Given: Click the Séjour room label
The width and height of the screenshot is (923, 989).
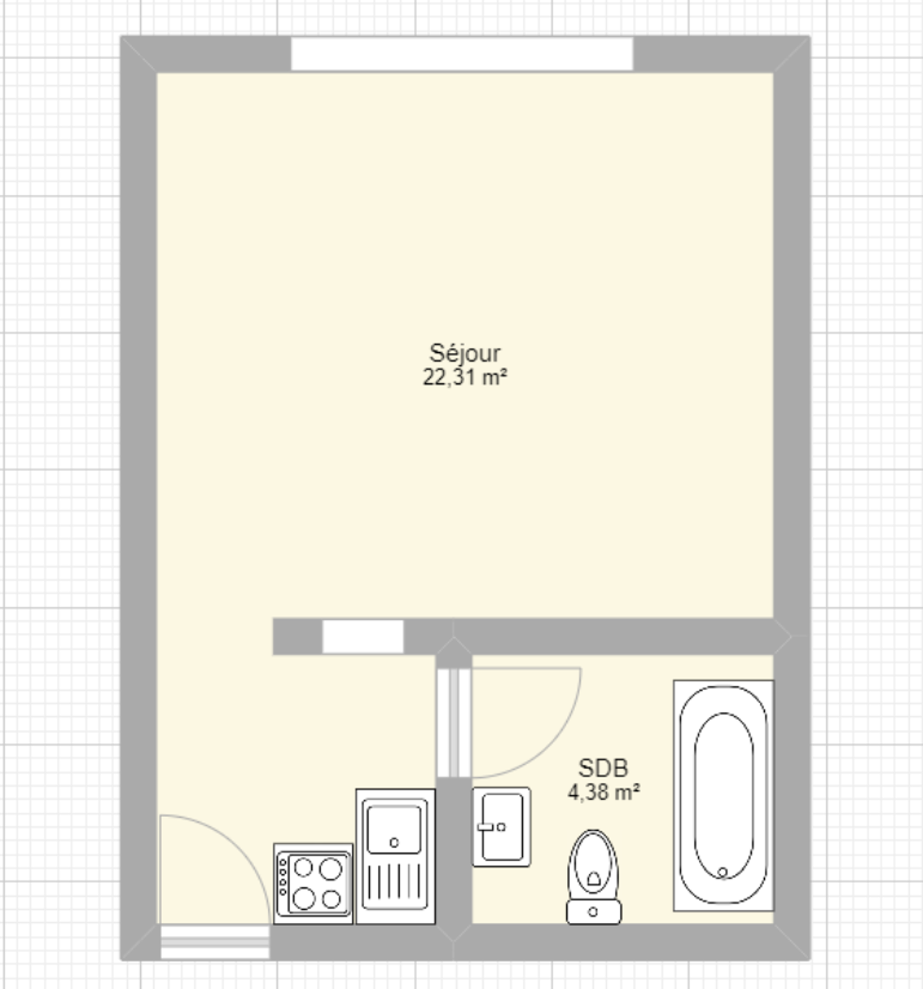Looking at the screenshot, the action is pyautogui.click(x=465, y=353).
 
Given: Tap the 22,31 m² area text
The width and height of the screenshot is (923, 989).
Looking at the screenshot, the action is pyautogui.click(x=465, y=377).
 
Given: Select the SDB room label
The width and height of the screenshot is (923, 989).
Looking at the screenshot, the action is pyautogui.click(x=603, y=768).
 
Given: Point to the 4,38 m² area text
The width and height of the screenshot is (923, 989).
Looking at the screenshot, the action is pyautogui.click(x=604, y=792).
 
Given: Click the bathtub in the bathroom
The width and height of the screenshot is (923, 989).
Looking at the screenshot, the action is pyautogui.click(x=723, y=795).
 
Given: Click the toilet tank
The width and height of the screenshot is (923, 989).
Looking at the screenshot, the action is pyautogui.click(x=594, y=912).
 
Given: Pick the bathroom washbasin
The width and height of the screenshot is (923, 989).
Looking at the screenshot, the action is pyautogui.click(x=501, y=827).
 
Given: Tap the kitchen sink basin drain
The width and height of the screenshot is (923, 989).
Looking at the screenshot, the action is pyautogui.click(x=394, y=843).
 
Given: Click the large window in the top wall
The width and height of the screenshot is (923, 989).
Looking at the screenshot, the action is pyautogui.click(x=461, y=54).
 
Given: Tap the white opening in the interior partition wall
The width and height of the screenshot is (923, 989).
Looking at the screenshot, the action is pyautogui.click(x=363, y=637).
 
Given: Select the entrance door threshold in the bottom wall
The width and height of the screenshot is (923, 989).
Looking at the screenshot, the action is pyautogui.click(x=215, y=942).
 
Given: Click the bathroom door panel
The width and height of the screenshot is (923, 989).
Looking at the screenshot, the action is pyautogui.click(x=454, y=723).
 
